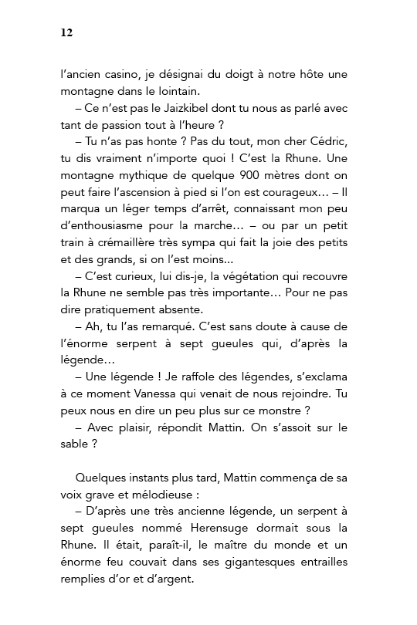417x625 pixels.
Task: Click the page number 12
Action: pos(66,32)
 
